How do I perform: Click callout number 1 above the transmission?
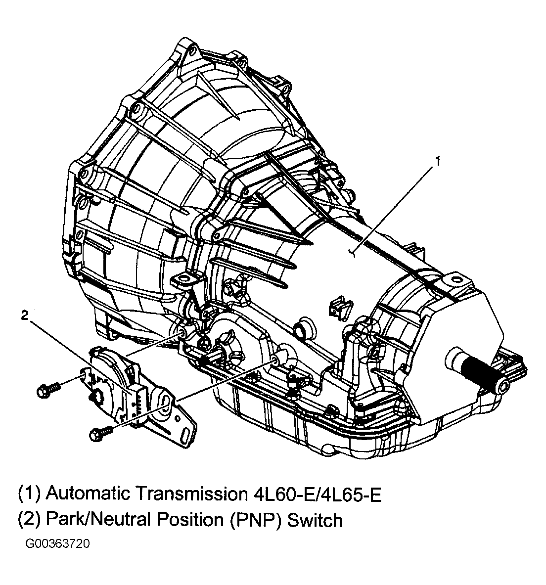click(x=437, y=161)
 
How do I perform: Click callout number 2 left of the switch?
click(x=24, y=315)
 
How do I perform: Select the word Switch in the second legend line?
click(x=315, y=520)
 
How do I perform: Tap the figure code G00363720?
click(x=58, y=544)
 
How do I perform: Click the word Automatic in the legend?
click(x=89, y=494)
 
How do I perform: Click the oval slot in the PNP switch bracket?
click(x=165, y=402)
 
